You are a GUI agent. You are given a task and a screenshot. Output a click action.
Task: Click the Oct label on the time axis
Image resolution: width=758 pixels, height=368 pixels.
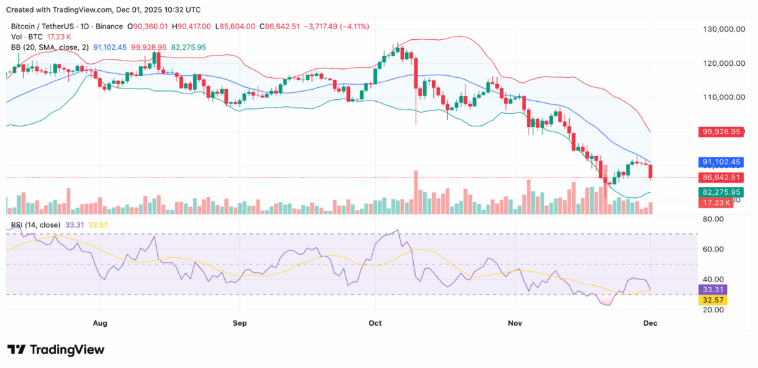375,322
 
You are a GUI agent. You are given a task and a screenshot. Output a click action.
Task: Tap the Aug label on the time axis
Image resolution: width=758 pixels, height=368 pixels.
100,322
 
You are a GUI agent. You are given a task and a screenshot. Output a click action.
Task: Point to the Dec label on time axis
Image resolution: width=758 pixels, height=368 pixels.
651,322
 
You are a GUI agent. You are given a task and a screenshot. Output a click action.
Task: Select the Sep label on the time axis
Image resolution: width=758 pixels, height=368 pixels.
239,322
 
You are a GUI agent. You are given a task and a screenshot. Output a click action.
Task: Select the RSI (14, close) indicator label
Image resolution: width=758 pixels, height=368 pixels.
36,225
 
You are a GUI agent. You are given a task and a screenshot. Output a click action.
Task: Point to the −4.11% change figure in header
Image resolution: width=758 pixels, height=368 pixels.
355,27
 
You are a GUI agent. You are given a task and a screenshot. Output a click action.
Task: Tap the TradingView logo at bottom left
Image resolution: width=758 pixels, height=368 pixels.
56,350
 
